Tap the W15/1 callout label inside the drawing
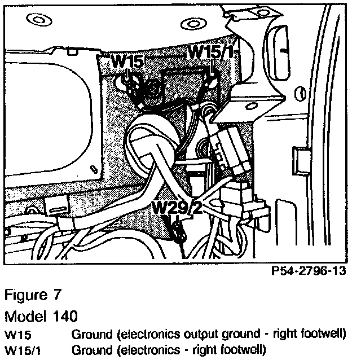pyautogui.click(x=210, y=51)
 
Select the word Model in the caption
pyautogui.click(x=24, y=313)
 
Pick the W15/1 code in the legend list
pyautogui.click(x=21, y=349)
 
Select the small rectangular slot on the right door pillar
pyautogui.click(x=296, y=160)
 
